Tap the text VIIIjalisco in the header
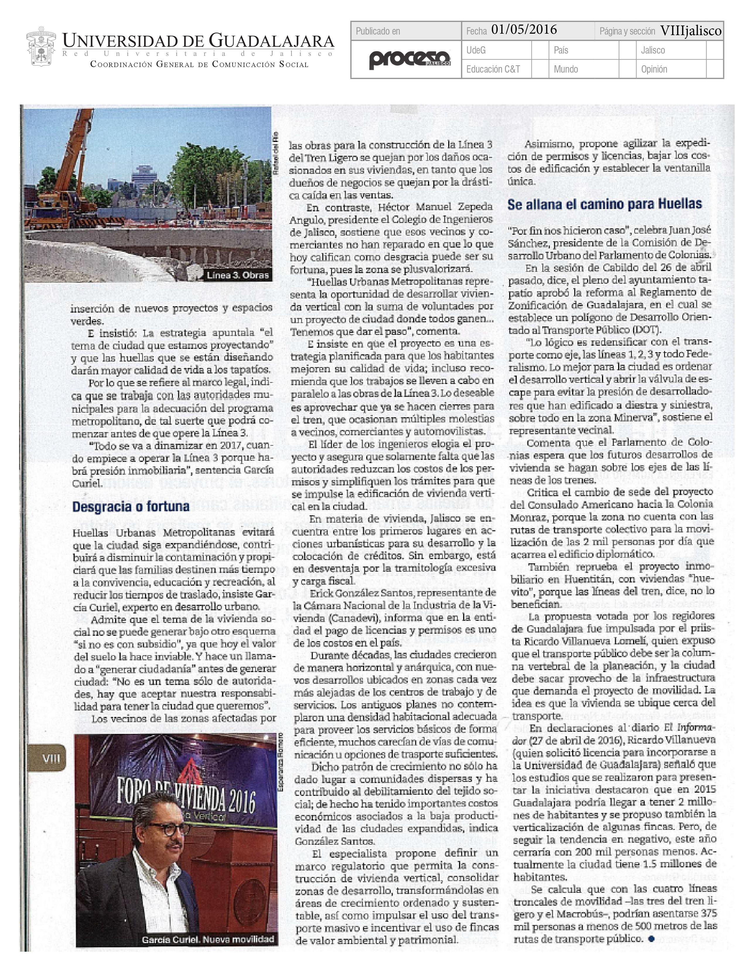690,30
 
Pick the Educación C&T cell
493,69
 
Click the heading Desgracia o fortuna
131,506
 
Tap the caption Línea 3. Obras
238,275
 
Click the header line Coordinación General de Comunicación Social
199,65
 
